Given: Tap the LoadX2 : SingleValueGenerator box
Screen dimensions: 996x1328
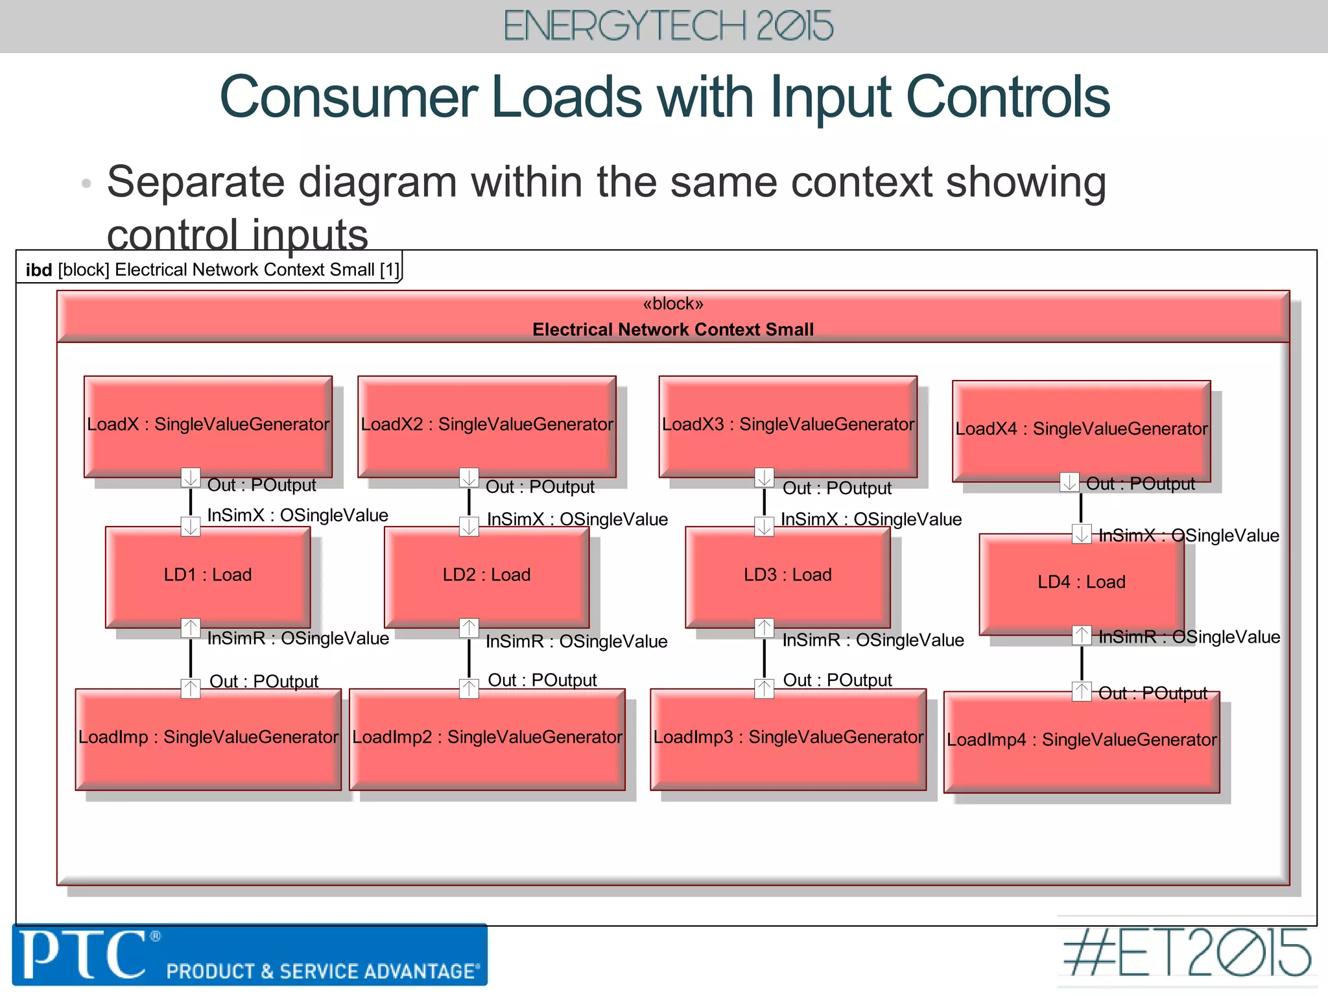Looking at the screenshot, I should (486, 425).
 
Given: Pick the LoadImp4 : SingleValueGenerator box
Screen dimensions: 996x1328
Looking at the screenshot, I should (1081, 741).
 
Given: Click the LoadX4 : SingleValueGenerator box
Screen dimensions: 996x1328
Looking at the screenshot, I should (1081, 430).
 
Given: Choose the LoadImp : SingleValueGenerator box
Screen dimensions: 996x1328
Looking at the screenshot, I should (207, 738).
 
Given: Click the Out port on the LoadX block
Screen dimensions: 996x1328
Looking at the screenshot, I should (190, 478).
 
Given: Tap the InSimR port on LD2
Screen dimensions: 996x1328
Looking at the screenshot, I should (469, 628).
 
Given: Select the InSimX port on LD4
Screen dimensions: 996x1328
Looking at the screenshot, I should (1081, 534).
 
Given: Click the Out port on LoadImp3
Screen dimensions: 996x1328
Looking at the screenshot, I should (764, 688).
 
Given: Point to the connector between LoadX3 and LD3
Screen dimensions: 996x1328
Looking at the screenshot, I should (764, 502).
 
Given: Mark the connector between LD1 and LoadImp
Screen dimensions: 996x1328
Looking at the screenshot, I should (190, 658).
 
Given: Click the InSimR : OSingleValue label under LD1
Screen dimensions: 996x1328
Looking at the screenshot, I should (298, 639).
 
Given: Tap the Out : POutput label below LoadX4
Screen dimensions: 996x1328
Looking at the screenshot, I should (1140, 484).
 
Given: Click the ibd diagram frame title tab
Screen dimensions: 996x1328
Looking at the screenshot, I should (211, 270).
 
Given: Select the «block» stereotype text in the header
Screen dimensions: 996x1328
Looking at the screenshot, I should (672, 304).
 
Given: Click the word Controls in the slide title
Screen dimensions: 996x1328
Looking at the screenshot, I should (1008, 97).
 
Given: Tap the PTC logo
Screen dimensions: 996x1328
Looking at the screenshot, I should (84, 954).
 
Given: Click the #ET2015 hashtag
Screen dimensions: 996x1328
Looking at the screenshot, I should (1187, 953).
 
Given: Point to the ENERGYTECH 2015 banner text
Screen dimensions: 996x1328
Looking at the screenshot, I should (668, 26).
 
